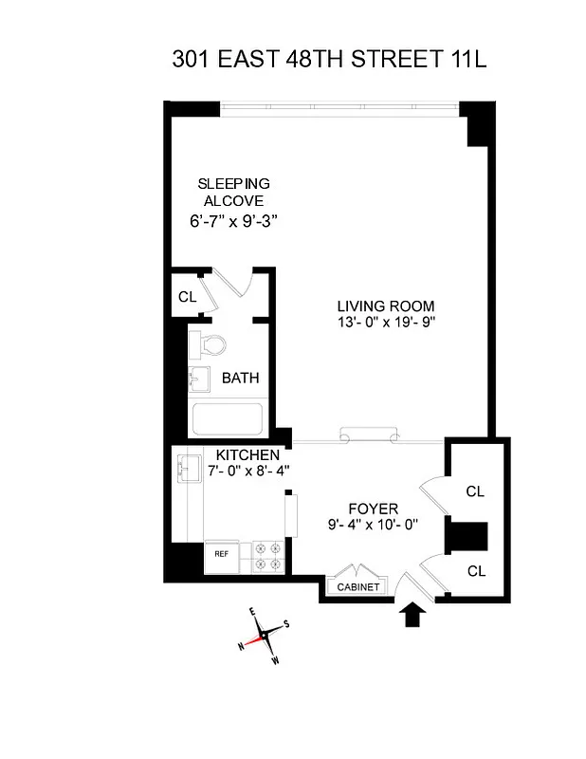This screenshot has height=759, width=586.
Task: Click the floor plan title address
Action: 329,60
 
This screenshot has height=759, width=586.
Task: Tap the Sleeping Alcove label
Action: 232,192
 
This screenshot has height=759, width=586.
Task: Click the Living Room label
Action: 386,305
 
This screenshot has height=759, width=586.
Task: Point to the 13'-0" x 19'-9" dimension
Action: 386,322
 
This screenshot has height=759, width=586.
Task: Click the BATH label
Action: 240,378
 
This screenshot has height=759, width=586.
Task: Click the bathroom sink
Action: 199,379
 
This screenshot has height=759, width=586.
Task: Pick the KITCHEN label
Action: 247,454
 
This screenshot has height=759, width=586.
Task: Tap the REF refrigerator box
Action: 221,553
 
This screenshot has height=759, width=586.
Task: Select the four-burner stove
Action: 266,557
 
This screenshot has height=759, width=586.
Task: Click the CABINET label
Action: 358,587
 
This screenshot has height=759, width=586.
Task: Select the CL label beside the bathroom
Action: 187,297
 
